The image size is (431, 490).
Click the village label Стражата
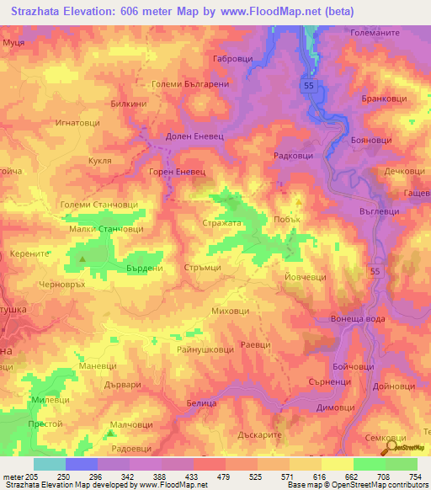click(x=222, y=223)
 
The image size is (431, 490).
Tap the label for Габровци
click(x=234, y=59)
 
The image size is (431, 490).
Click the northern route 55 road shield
click(x=310, y=85)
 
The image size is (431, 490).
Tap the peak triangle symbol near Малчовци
click(x=111, y=434)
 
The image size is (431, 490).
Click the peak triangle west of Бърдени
click(x=82, y=258)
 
